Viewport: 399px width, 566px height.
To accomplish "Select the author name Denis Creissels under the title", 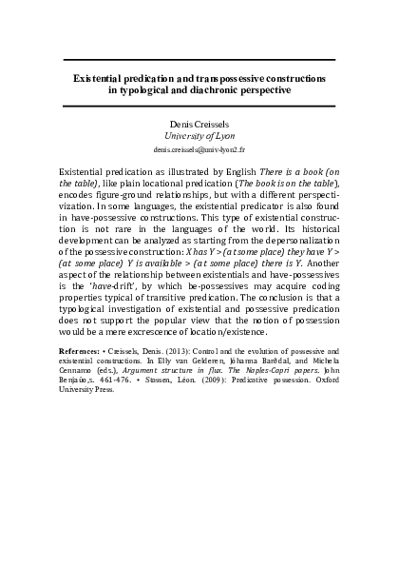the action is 199,125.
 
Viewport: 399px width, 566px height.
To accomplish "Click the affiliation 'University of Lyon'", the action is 199,137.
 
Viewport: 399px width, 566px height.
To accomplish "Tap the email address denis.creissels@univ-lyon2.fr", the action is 199,150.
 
